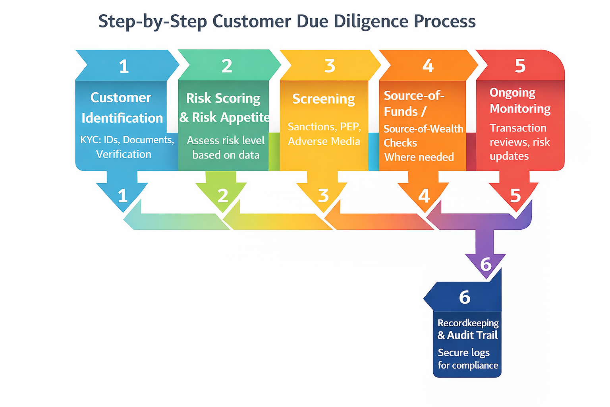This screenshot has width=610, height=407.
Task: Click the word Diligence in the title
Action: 371,21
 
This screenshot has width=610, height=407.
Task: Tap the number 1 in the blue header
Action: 124,66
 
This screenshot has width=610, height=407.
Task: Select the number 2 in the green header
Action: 227,66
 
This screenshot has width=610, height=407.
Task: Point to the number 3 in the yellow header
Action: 330,66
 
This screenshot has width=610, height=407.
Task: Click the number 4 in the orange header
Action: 428,66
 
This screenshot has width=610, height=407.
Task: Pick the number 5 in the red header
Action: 520,66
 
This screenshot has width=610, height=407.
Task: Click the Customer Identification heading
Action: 122,108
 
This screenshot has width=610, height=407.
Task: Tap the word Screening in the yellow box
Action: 323,99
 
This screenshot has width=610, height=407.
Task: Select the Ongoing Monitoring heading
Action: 519,101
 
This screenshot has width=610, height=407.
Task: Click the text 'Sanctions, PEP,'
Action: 324,127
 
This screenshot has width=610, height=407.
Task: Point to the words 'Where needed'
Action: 419,157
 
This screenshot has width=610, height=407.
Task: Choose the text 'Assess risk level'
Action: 226,140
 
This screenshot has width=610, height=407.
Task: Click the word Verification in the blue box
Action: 124,154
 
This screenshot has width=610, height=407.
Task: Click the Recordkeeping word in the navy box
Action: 468,323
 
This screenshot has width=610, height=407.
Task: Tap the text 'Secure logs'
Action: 463,353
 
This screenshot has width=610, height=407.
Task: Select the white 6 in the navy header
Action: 464,297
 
